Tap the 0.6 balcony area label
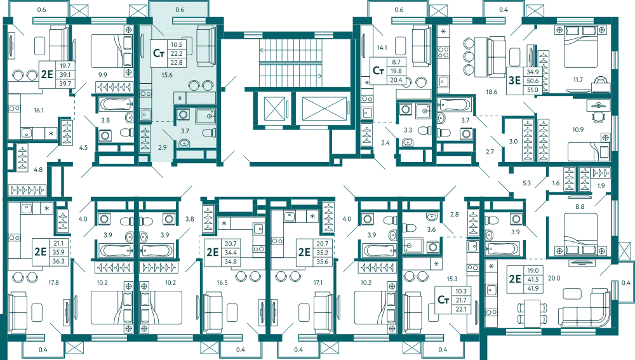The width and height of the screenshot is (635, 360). pos(180,10)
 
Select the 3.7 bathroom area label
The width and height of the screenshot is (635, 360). pos(186,130)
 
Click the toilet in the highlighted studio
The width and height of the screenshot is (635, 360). pos(206,133)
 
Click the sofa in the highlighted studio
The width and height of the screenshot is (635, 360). pos(205,46)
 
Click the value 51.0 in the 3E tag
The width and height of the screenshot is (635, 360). pos(532,90)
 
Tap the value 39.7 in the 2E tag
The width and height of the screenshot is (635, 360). pos(65,83)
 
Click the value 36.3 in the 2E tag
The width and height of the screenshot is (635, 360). pos(58,260)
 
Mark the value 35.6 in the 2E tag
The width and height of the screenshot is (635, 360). pos(322,261)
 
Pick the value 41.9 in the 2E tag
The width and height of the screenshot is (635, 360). pos(533,288)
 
